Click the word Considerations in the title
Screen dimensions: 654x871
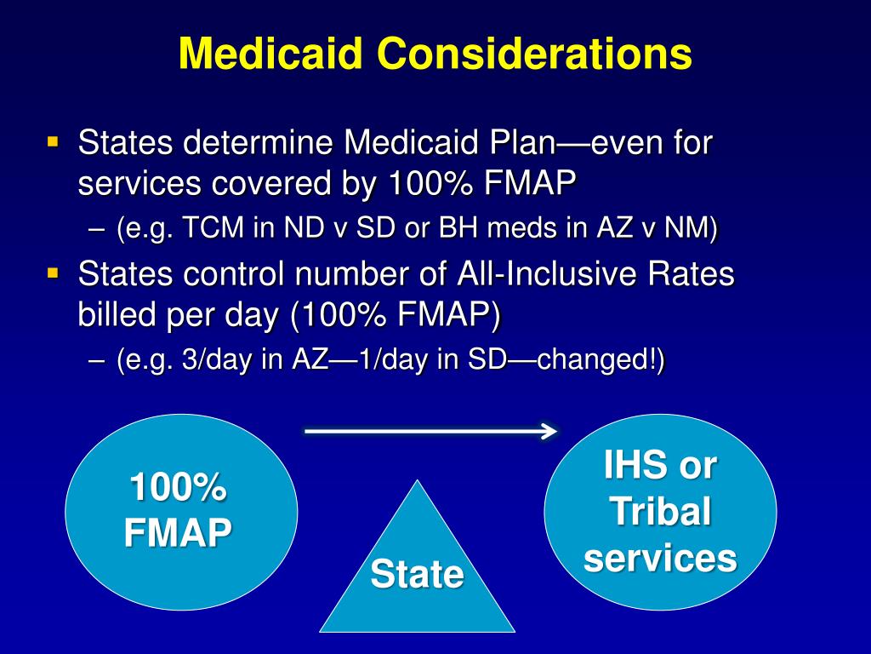coord(535,54)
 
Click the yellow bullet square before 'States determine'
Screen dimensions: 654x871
coord(54,140)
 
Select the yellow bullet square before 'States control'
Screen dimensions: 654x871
coord(54,272)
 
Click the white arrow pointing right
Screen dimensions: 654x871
coord(430,432)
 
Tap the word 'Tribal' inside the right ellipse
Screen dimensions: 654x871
coord(660,513)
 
